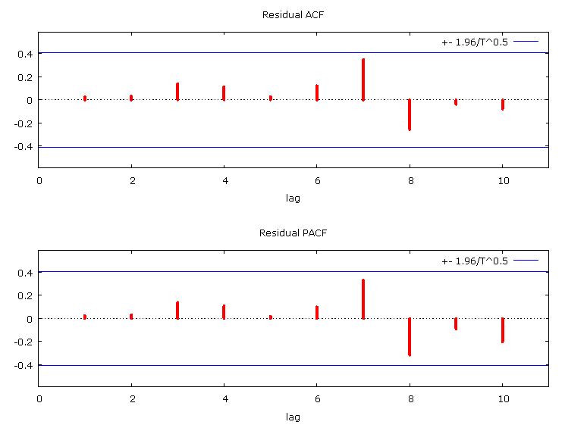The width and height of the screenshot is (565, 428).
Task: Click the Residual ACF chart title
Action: (292, 14)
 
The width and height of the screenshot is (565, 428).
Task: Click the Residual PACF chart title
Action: (292, 233)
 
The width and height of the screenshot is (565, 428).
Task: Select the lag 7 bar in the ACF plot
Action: (363, 80)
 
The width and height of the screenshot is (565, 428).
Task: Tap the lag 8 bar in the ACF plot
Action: (410, 114)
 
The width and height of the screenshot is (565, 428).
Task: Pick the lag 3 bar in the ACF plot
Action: (177, 92)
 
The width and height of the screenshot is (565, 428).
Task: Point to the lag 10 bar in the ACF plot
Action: (502, 105)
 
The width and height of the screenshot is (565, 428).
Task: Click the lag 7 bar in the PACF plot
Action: (363, 299)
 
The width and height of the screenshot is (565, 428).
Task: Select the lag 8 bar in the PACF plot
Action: (410, 336)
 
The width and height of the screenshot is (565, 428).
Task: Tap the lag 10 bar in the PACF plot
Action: (502, 330)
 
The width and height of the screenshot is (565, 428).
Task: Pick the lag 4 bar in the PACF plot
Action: (224, 311)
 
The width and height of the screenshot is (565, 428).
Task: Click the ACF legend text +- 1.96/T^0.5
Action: (475, 42)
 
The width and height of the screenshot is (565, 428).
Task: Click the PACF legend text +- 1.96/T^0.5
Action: (475, 261)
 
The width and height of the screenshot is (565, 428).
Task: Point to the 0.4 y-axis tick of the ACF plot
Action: (26, 54)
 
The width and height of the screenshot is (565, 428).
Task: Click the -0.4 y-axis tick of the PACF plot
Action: (24, 366)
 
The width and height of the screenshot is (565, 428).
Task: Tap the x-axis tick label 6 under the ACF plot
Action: (317, 181)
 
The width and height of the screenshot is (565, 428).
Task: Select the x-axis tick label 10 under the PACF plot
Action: (502, 400)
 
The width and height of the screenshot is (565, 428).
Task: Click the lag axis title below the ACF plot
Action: (293, 198)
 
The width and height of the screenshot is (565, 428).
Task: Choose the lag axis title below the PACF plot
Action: (293, 417)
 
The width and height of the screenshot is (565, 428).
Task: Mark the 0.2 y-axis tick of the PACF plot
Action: (26, 295)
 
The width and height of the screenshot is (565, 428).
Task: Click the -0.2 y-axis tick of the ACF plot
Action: (24, 123)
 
